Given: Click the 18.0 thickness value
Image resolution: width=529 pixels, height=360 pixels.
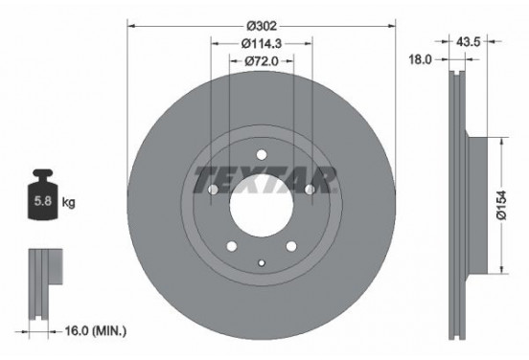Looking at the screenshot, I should click(x=419, y=58).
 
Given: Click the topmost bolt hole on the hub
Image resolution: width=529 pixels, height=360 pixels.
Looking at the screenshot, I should click(x=261, y=157).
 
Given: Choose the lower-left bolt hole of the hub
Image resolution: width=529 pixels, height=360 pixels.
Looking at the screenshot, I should click(x=231, y=247).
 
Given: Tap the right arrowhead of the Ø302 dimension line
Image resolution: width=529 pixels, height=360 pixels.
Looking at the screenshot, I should click(x=392, y=24).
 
